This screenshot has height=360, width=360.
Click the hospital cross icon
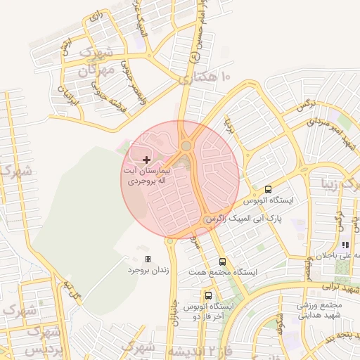tap(146, 160)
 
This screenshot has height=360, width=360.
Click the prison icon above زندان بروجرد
tap(148, 259)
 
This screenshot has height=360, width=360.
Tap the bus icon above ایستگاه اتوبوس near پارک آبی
tap(268, 189)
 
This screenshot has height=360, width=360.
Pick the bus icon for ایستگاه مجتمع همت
tap(223, 262)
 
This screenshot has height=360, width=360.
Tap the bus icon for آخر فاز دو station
tap(209, 295)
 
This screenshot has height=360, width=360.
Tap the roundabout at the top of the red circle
tap(186, 146)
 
